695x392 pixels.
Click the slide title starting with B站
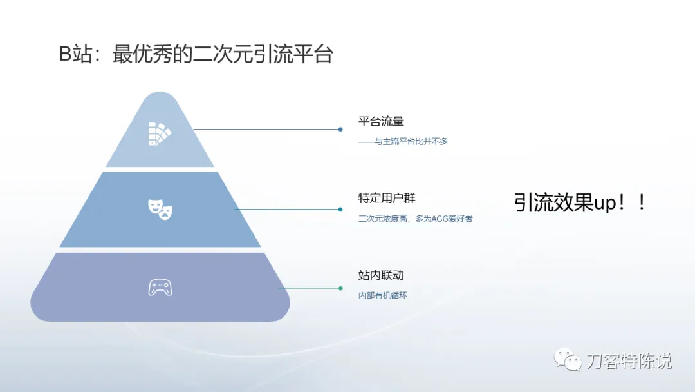pos(196,54)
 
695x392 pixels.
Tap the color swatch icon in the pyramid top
pos(160,133)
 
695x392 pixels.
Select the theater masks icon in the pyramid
pos(160,208)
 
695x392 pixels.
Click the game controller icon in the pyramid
pos(160,288)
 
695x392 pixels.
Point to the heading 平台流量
pos(381,121)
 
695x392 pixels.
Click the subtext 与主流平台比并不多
pos(403,141)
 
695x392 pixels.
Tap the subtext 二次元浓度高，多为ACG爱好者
pos(415,219)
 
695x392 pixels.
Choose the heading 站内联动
pos(381,275)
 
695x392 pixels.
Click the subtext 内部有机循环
pos(382,295)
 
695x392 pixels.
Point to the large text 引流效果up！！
pos(580,202)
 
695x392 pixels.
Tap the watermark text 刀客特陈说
pos(629,361)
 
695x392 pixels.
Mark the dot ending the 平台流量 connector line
pos(340,129)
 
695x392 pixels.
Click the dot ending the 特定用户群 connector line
pos(340,209)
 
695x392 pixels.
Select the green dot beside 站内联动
pos(340,288)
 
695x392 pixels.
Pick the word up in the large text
pos(605,204)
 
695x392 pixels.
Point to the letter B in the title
pos(65,54)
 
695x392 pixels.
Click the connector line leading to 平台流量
pos(264,129)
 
